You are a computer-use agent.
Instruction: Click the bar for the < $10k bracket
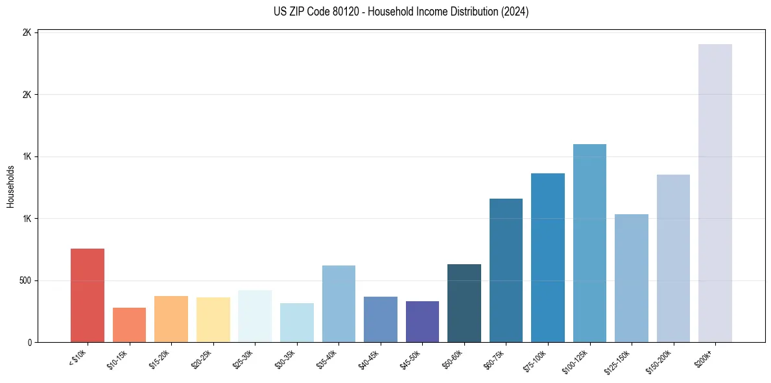click(x=87, y=295)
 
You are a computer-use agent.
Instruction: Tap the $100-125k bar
click(x=589, y=243)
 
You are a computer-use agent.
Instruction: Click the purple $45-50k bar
click(x=422, y=321)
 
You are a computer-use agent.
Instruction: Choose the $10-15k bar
click(x=129, y=325)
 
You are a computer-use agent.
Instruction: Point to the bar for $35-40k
click(x=338, y=304)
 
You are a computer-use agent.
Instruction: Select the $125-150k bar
click(x=631, y=278)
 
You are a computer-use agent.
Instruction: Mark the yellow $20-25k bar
click(x=213, y=319)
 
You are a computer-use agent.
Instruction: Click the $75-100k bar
click(x=547, y=258)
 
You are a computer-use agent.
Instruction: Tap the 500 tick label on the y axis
click(x=24, y=280)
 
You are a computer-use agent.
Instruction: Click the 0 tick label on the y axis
click(x=28, y=342)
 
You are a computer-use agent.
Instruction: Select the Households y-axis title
click(x=10, y=186)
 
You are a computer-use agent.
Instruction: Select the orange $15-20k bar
click(x=171, y=319)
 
